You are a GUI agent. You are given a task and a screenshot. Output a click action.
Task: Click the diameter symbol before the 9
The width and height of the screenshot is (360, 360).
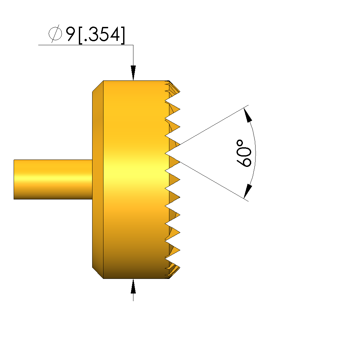point(55,34)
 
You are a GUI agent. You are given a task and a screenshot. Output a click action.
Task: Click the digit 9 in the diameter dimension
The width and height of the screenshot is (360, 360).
point(71,34)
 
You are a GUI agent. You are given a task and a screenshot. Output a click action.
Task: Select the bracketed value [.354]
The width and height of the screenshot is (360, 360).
point(102,35)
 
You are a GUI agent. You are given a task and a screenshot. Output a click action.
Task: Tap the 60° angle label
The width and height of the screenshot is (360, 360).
point(244,153)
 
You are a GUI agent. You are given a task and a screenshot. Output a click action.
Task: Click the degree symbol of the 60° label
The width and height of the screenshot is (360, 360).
point(240,143)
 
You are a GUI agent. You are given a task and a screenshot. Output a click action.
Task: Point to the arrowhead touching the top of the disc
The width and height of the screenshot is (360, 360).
point(133,73)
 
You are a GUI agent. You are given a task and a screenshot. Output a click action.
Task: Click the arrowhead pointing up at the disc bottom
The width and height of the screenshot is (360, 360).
point(133,286)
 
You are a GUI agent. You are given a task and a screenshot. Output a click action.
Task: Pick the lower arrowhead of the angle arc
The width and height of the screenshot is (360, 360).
point(248,191)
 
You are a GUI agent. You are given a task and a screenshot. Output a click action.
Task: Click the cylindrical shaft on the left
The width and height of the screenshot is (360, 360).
point(53,179)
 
